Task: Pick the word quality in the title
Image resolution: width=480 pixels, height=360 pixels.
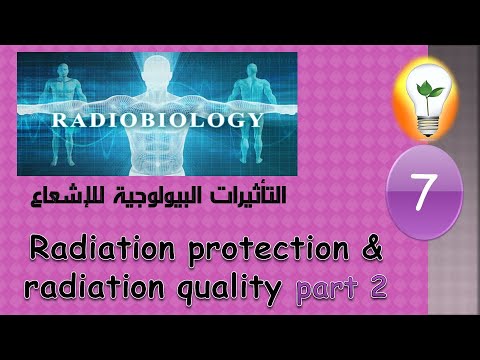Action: pyautogui.click(x=228, y=290)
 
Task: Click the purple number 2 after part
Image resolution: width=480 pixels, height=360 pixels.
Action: pyautogui.click(x=378, y=288)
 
